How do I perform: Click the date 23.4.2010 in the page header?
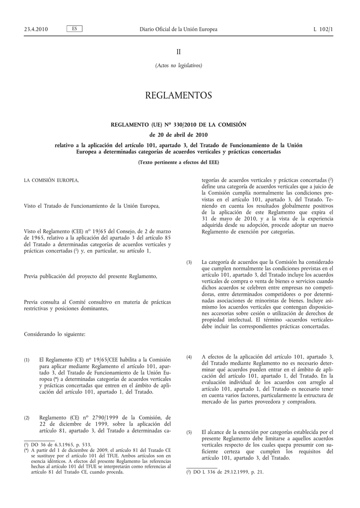pos(36,29)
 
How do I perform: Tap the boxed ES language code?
pos(74,29)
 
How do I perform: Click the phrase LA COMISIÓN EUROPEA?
pos(51,180)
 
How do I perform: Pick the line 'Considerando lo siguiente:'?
pos(55,334)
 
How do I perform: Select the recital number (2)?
pos(27,418)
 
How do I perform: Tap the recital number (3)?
pos(189,262)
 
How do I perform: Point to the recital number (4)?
pos(189,357)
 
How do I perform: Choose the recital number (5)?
pos(189,433)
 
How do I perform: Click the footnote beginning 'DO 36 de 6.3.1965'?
pos(59,445)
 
